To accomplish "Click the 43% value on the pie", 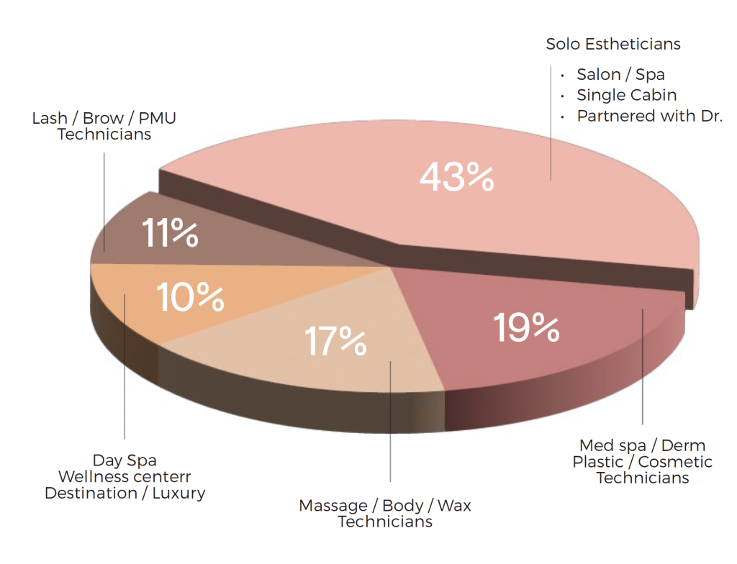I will point(456,178).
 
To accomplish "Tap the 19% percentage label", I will point(527,327).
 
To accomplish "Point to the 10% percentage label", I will point(190,297).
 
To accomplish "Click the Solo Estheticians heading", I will point(613,44).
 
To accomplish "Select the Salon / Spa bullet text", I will point(620,75).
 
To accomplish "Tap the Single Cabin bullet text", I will point(626,95).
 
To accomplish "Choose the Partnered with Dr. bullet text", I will point(649,116).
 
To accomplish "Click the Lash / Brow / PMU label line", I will point(104,117).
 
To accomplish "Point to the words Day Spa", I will point(125,460).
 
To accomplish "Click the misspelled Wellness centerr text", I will point(125,476).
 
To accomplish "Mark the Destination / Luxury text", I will point(125,493).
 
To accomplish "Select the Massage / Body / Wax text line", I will point(385,506).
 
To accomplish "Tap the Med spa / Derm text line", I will point(643,445).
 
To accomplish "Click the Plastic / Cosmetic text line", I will point(643,462).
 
